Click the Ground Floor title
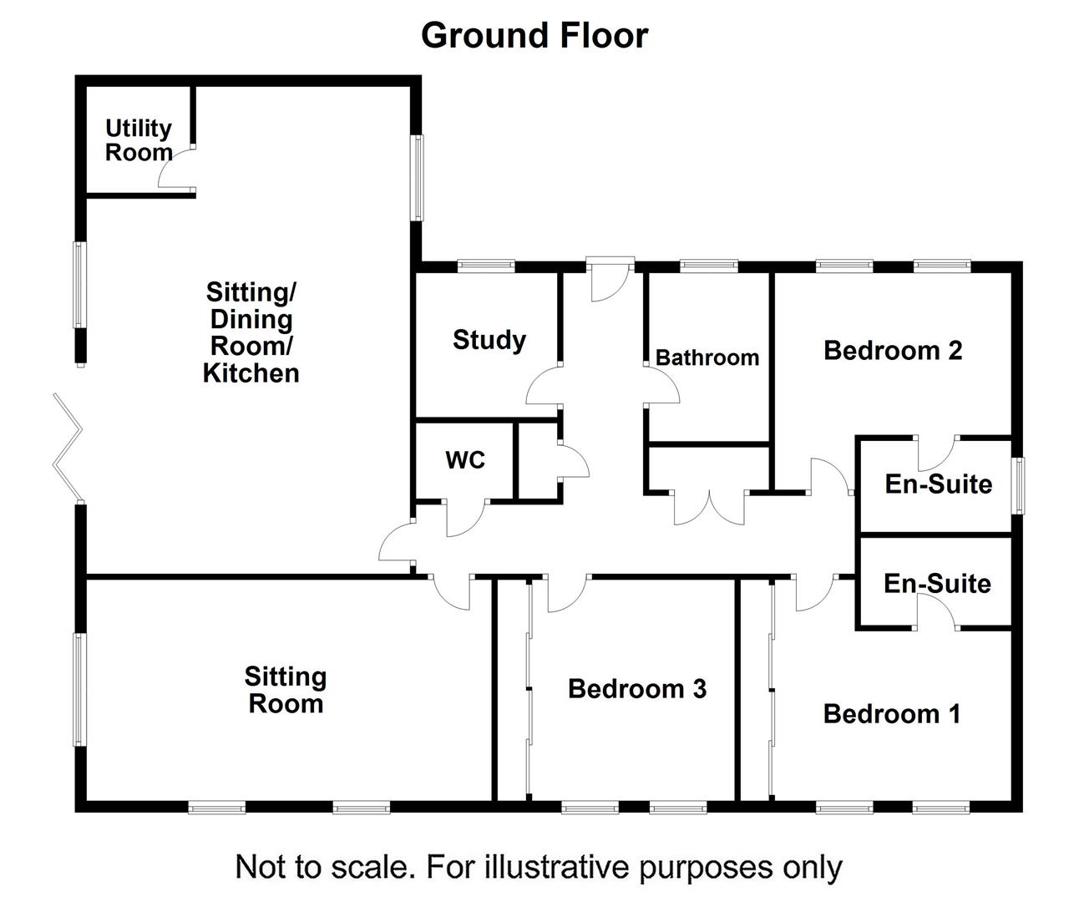[534, 35]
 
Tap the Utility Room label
[139, 140]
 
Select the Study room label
[489, 340]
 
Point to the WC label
[465, 460]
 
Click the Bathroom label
[707, 357]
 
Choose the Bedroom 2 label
[893, 350]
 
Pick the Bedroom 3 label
[637, 689]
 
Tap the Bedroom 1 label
[892, 714]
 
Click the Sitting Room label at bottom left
[286, 690]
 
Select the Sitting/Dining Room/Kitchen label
[251, 332]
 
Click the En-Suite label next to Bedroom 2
[939, 484]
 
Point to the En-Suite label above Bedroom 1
[937, 583]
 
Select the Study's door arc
[543, 386]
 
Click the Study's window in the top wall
[486, 266]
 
